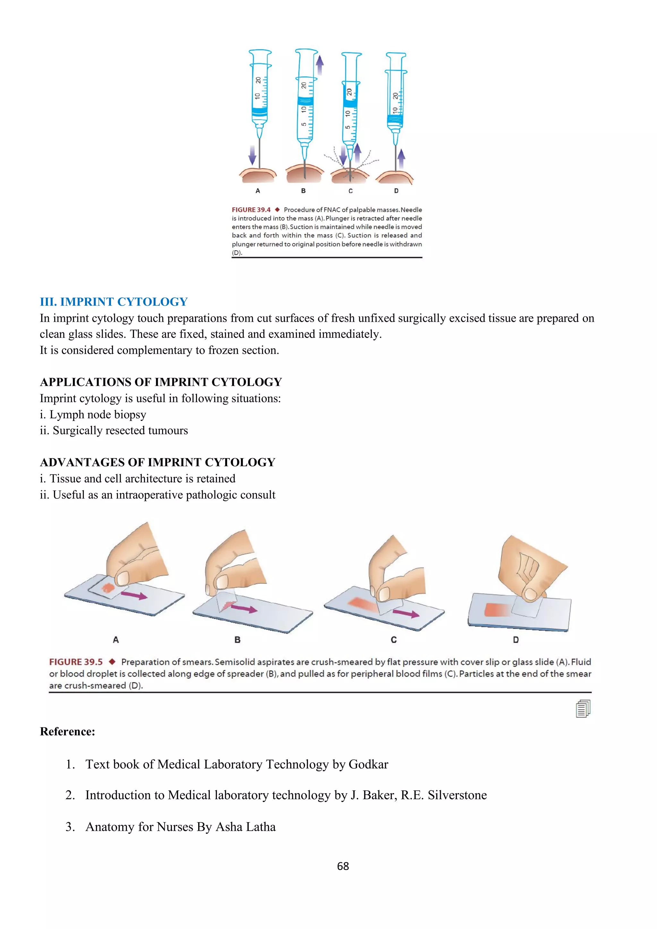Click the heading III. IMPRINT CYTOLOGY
click(114, 302)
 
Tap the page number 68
click(343, 866)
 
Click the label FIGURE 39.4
click(251, 209)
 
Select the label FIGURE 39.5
click(76, 662)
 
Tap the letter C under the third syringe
click(350, 191)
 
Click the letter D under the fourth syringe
click(396, 191)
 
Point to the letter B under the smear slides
click(237, 640)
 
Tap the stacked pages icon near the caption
click(583, 709)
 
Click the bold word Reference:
click(68, 731)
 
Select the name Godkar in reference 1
click(368, 764)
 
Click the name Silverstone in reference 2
click(457, 795)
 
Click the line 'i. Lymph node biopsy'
click(93, 414)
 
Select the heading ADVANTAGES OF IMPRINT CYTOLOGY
click(158, 463)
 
